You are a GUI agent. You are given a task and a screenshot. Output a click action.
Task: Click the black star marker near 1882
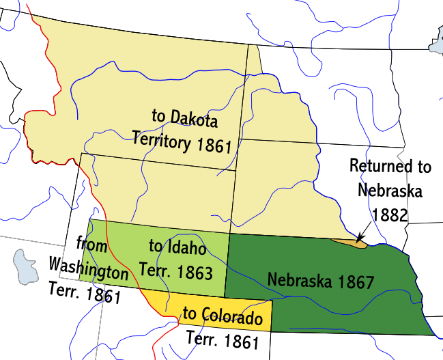tap(360, 236)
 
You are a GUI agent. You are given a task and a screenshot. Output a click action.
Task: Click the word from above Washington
tap(90, 244)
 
